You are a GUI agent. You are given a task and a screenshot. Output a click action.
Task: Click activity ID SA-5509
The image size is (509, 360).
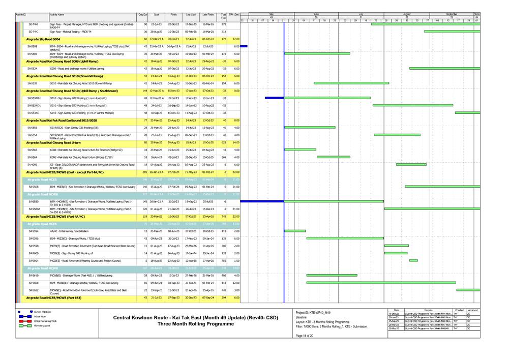tap(32, 54)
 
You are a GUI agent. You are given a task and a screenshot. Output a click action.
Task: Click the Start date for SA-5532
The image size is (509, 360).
tap(157, 83)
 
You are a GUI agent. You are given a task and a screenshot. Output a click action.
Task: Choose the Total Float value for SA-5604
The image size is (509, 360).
tap(223, 260)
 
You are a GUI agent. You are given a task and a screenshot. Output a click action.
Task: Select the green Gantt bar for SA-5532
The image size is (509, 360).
tap(351, 83)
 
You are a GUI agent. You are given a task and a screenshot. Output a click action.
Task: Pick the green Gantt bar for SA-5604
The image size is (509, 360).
tap(413, 260)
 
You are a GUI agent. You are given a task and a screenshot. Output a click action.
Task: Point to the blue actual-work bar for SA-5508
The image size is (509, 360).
tap(244, 46)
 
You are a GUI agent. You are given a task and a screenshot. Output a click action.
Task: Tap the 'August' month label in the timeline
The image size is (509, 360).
tap(406, 14)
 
